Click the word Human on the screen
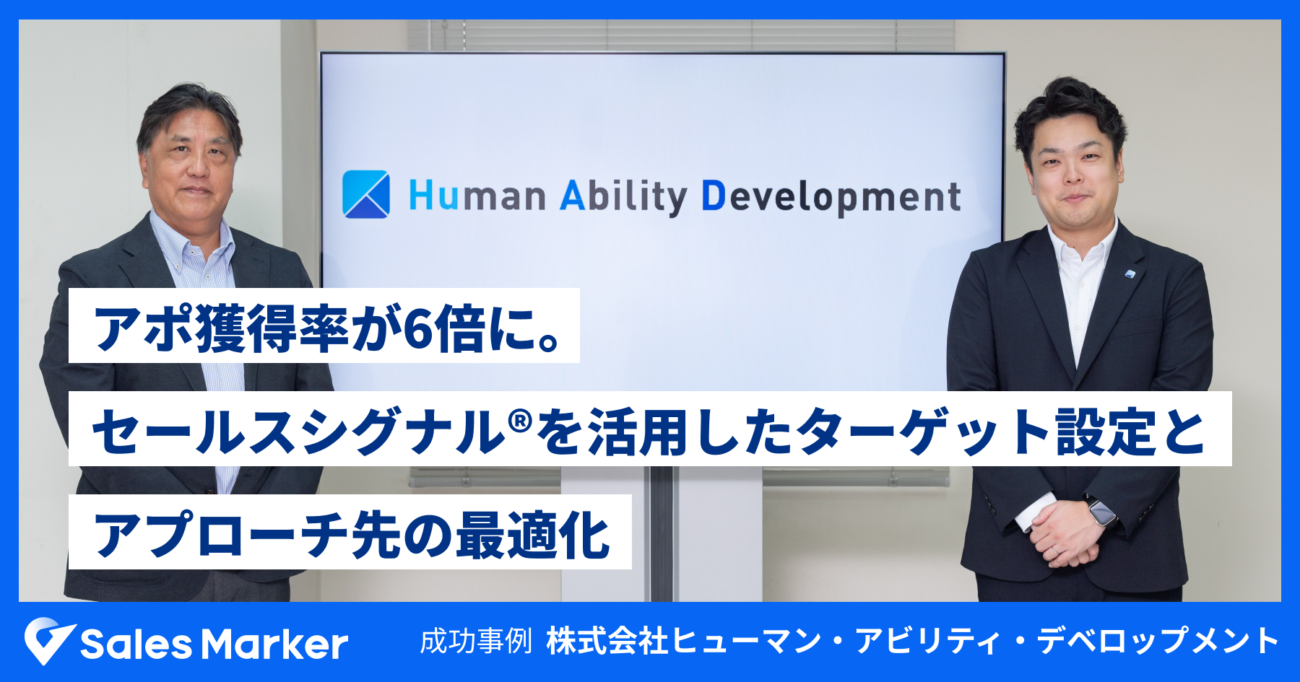click(477, 196)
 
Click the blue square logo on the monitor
click(366, 194)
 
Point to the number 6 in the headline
click(417, 329)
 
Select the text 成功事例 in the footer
click(476, 641)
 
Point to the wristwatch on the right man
click(1102, 512)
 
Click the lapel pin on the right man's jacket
click(1130, 274)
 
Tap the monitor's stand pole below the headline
click(662, 534)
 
